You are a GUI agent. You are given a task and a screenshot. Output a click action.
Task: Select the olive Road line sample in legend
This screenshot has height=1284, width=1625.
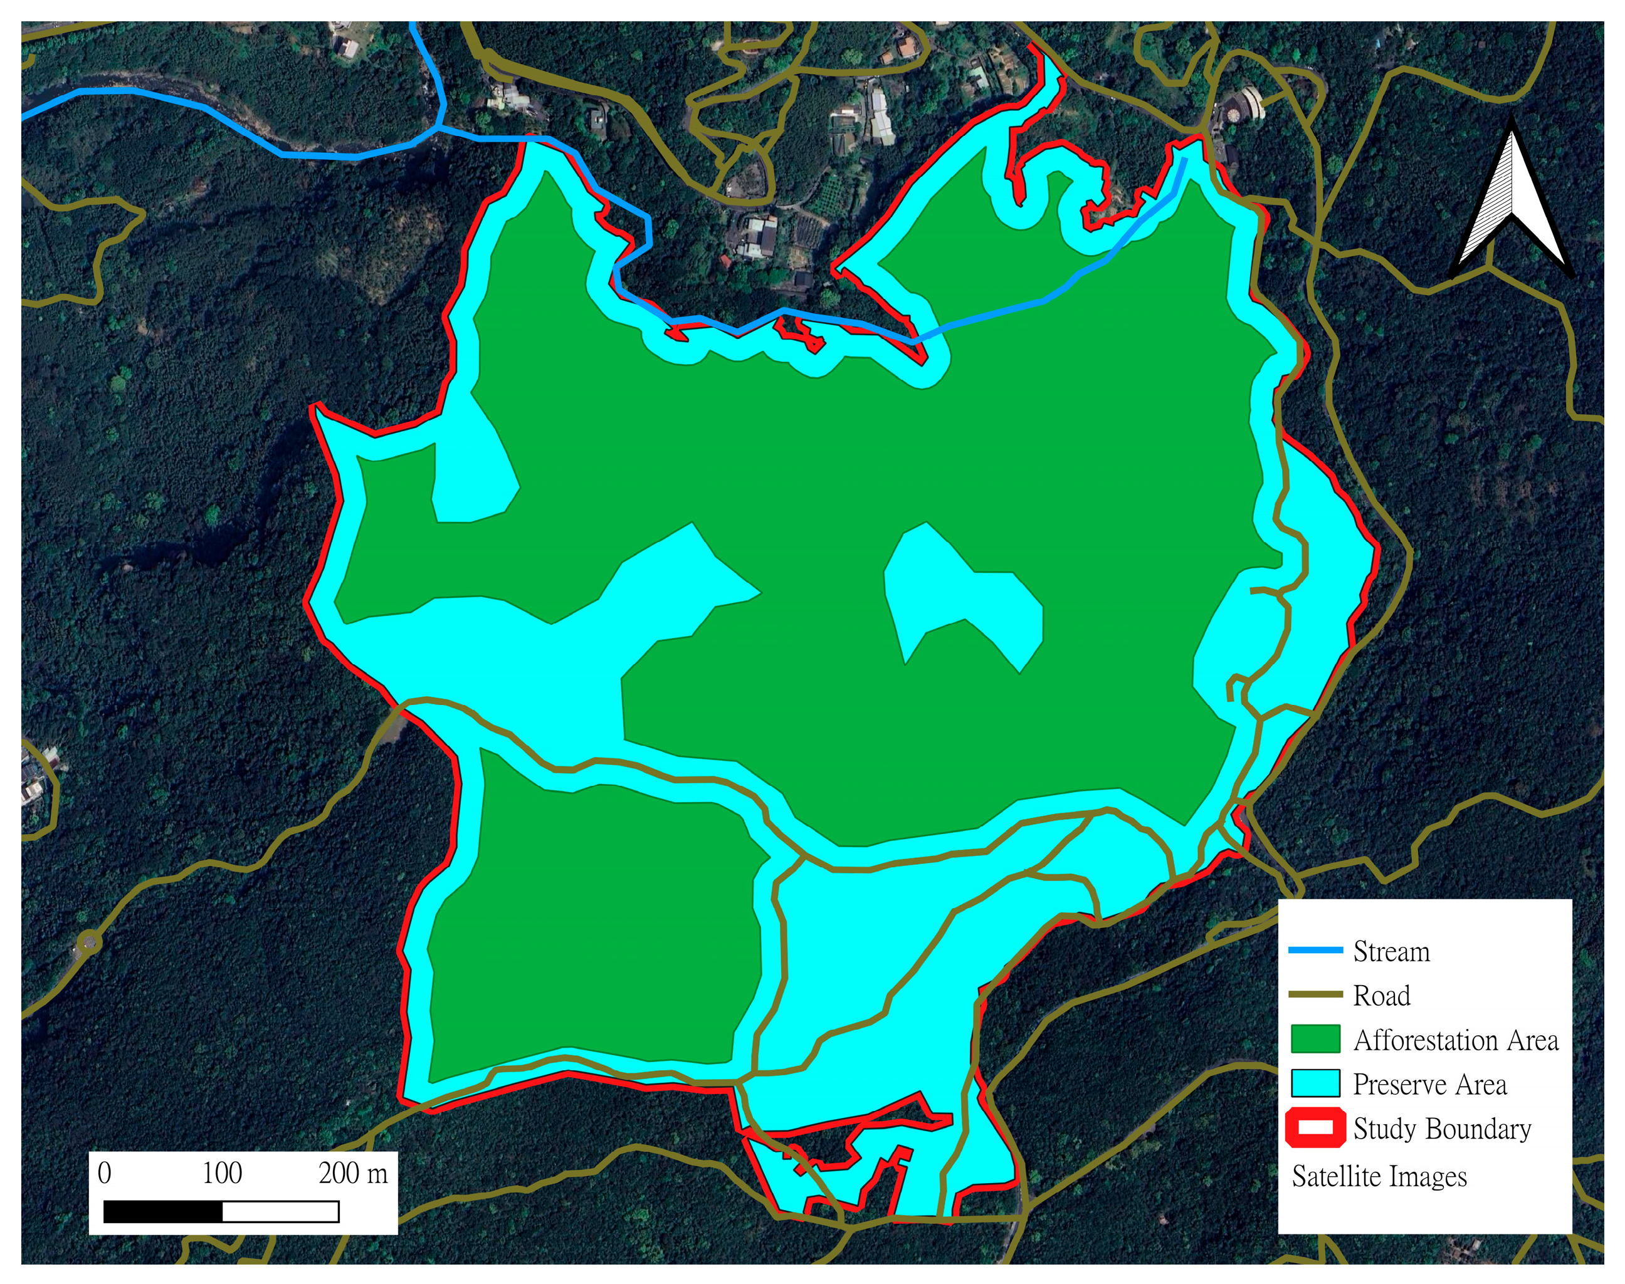click(x=1315, y=995)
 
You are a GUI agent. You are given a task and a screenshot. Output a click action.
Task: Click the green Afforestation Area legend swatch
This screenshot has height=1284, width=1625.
click(x=1315, y=1039)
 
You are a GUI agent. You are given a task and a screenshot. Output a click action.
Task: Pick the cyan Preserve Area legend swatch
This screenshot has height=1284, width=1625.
click(x=1315, y=1083)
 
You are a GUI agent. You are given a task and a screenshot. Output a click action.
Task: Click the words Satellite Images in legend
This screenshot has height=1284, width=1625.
click(x=1379, y=1176)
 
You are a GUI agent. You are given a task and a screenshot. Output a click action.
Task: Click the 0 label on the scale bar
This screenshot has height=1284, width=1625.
click(x=105, y=1174)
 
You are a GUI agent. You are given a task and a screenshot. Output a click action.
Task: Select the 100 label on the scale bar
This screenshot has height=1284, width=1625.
click(x=222, y=1174)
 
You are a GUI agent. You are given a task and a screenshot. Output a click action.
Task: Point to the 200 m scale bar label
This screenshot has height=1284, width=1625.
click(x=353, y=1174)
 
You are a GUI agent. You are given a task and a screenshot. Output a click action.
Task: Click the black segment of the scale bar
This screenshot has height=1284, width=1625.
click(x=163, y=1212)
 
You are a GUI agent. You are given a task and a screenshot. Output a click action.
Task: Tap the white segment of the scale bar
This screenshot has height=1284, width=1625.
click(x=280, y=1212)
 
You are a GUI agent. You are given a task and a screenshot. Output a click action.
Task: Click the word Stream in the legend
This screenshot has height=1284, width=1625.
click(x=1391, y=952)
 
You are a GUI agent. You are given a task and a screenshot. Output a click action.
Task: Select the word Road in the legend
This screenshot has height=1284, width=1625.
click(x=1381, y=996)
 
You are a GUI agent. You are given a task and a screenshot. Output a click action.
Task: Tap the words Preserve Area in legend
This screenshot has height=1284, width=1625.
click(x=1429, y=1085)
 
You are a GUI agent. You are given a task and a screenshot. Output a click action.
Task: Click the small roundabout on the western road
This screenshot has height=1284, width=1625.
click(x=89, y=941)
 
